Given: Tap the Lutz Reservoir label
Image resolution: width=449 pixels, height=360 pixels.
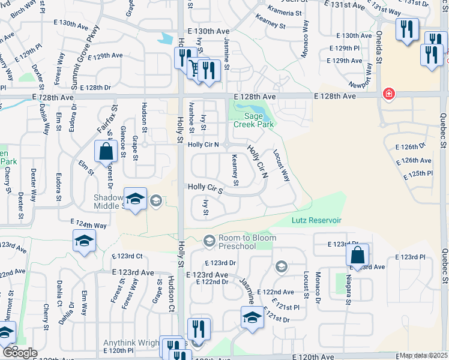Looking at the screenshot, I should (x=316, y=221).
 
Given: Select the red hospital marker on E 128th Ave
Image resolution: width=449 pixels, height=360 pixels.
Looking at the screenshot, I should (x=389, y=94).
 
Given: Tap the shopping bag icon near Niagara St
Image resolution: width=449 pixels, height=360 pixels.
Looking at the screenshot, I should (x=357, y=255).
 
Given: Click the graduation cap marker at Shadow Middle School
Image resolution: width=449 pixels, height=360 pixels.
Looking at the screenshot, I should (x=136, y=199).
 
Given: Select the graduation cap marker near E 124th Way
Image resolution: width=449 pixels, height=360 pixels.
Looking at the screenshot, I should (x=84, y=242).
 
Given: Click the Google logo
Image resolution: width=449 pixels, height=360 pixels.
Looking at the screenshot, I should (x=19, y=353).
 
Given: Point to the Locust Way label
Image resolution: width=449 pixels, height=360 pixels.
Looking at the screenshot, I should (x=282, y=166).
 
